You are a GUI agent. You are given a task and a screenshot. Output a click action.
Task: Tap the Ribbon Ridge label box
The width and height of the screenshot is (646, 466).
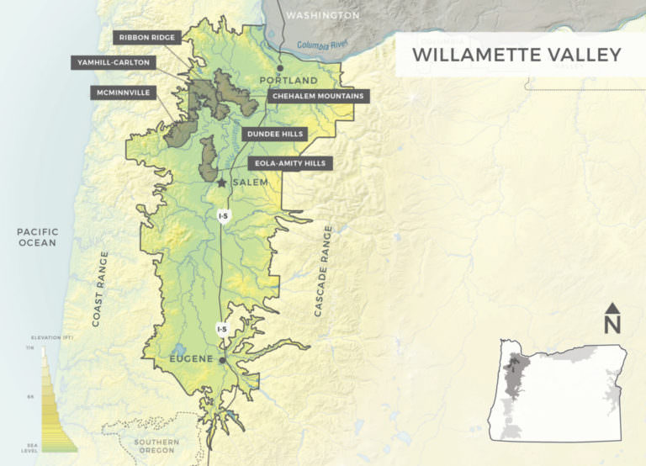147,38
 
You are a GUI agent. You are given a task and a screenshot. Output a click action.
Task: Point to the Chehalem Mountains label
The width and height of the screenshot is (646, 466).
318,97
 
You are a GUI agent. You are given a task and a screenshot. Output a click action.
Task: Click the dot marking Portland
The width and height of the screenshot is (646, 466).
281,66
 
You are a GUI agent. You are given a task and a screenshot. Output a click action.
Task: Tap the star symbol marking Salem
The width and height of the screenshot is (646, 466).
222,182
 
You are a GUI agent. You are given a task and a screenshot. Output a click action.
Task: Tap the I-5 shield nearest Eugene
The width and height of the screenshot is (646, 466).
221,329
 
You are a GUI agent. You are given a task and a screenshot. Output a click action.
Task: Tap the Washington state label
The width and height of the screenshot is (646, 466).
322,15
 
